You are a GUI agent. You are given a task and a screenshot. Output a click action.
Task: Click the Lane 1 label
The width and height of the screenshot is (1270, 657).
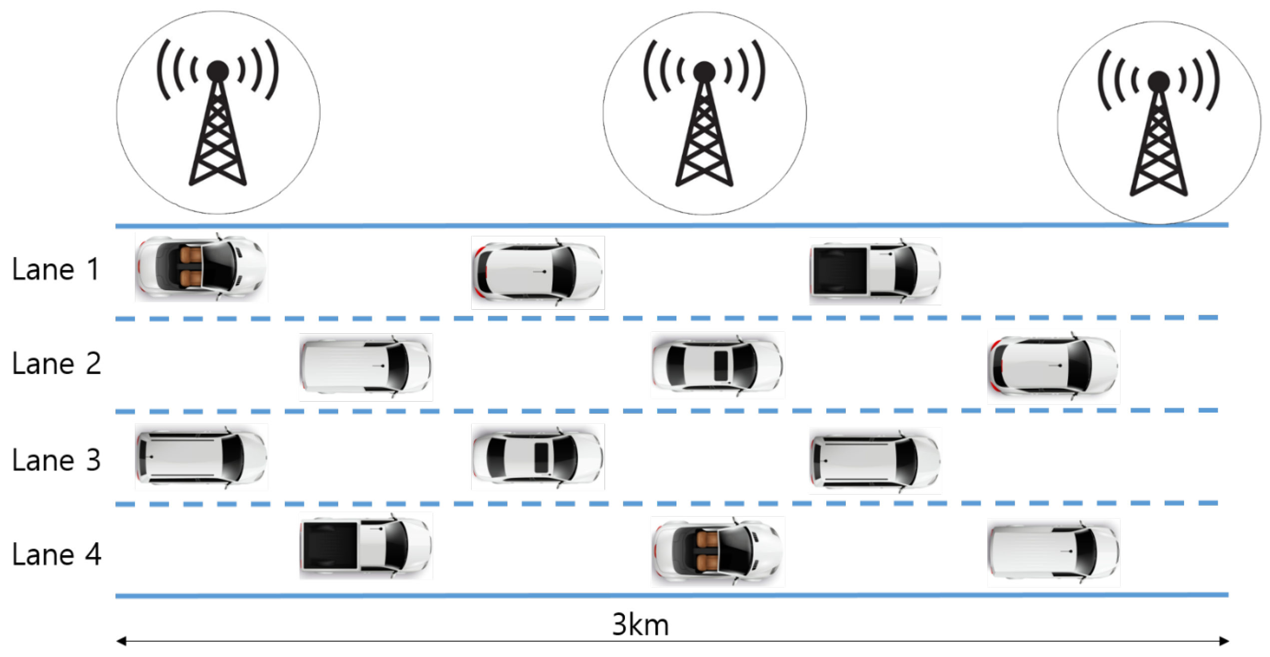pyautogui.click(x=55, y=270)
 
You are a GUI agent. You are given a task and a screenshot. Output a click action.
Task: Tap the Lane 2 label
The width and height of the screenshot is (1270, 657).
pyautogui.click(x=56, y=364)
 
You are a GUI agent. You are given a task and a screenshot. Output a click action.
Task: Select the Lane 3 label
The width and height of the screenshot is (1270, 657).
pyautogui.click(x=56, y=460)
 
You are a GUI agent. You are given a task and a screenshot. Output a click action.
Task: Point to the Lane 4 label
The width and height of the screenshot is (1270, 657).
pyautogui.click(x=56, y=555)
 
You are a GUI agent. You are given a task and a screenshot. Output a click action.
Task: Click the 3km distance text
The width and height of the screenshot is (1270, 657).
pyautogui.click(x=640, y=625)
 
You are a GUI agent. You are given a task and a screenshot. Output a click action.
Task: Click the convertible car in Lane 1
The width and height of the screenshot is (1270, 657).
pyautogui.click(x=201, y=267)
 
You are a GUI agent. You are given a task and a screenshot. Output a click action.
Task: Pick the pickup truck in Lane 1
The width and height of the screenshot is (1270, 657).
pyautogui.click(x=875, y=271)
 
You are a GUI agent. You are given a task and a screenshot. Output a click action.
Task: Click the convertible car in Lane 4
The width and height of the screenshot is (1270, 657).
pyautogui.click(x=717, y=552)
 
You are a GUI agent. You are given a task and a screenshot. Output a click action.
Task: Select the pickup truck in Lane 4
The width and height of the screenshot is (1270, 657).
pyautogui.click(x=366, y=546)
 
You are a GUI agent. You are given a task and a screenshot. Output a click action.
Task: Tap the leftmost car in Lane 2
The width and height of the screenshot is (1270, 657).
pyautogui.click(x=366, y=367)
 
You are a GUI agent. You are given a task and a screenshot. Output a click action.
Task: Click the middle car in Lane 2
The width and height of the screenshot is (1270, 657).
pyautogui.click(x=717, y=365)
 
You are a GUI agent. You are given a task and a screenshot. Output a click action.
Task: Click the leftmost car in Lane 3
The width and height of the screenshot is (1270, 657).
pyautogui.click(x=201, y=457)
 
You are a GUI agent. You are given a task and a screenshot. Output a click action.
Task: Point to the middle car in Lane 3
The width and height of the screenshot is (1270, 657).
pyautogui.click(x=538, y=457)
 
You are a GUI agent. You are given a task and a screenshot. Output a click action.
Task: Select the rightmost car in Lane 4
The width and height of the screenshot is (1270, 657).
pyautogui.click(x=1053, y=553)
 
